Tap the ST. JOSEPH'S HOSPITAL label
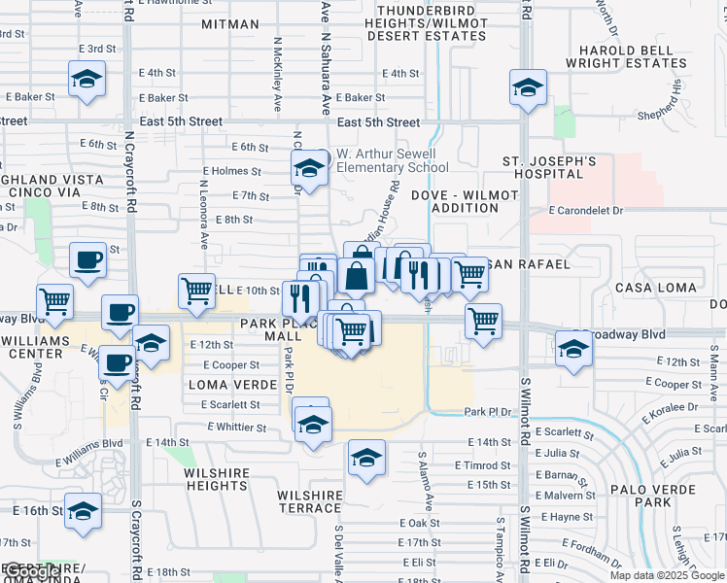click(x=549, y=167)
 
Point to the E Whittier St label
click(x=236, y=428)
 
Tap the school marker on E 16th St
click(x=84, y=510)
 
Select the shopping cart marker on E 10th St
click(x=196, y=290)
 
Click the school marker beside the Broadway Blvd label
click(x=571, y=348)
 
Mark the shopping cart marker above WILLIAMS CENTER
click(x=54, y=300)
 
